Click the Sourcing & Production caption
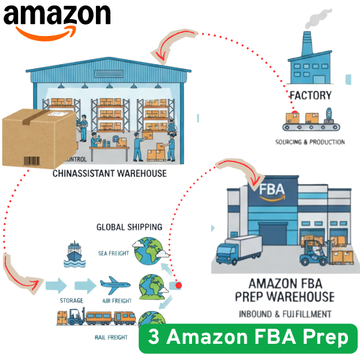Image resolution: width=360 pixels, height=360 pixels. click(310, 142)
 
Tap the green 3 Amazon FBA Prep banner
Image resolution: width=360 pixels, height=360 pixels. click(248, 338)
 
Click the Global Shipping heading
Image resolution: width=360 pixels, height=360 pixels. click(129, 227)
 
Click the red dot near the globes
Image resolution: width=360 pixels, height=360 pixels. click(178, 286)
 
